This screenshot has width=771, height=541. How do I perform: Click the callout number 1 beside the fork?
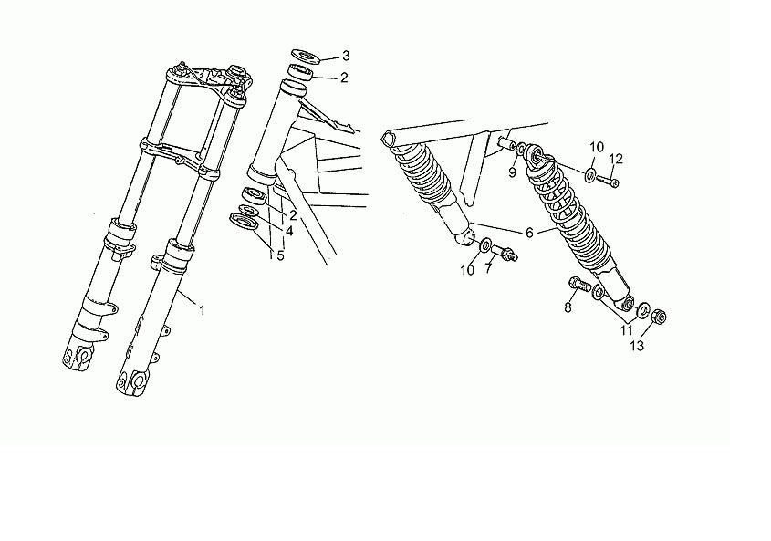coord(202,310)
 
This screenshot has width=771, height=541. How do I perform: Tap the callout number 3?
coord(346,56)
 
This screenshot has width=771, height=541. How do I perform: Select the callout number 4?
coord(289,230)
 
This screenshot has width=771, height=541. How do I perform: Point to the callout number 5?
coord(280,255)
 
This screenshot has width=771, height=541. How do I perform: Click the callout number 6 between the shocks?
coord(529,233)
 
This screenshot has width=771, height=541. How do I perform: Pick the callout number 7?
coord(488,268)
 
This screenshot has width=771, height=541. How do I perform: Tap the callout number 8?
coord(568,307)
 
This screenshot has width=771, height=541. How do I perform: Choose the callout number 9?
coord(512,173)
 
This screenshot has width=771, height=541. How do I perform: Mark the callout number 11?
coord(626,330)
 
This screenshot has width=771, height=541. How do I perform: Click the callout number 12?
coord(616,159)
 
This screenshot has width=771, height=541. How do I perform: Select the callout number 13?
coord(637,346)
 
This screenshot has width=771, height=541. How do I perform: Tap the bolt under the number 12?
coord(608,182)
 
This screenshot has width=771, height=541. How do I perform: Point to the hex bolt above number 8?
coord(579,285)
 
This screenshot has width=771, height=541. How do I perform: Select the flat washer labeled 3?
coord(306,56)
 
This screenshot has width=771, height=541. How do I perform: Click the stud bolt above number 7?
coord(504,252)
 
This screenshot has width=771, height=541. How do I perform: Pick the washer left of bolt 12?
coord(590,174)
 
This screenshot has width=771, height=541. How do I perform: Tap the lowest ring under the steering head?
coord(244,221)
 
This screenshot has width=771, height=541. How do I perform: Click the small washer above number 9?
coord(520,147)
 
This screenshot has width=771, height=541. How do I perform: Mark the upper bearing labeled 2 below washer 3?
coord(301,72)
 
